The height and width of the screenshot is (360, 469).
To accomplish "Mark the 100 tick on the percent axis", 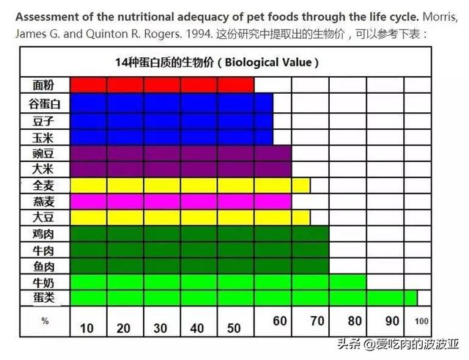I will coord(421,321).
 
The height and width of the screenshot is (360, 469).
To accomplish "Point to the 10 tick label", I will coord(86,328).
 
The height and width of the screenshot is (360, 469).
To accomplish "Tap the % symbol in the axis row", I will coord(45,320).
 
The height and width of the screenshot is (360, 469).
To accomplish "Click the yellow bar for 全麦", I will coord(191,185).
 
